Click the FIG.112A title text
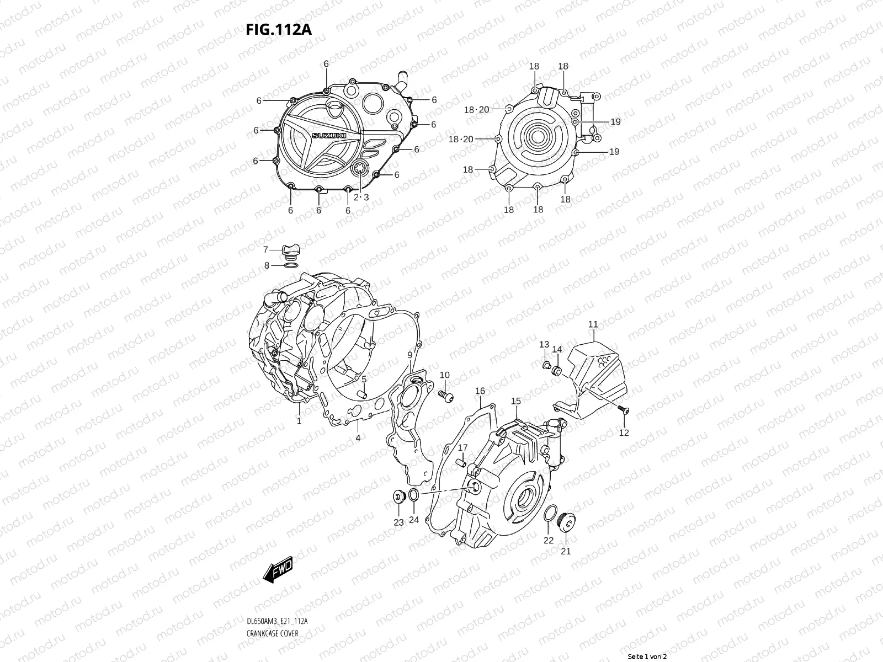[278, 29]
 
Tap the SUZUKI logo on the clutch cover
[329, 136]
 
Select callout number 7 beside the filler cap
[265, 249]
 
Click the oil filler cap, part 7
[290, 252]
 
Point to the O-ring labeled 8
[291, 266]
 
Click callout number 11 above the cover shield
[593, 324]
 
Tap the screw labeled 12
[624, 409]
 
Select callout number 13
[544, 344]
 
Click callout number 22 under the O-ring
[548, 540]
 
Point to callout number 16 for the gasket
[480, 391]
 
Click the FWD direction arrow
[278, 570]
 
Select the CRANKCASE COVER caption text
[272, 633]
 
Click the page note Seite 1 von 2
[647, 656]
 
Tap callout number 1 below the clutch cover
[299, 421]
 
